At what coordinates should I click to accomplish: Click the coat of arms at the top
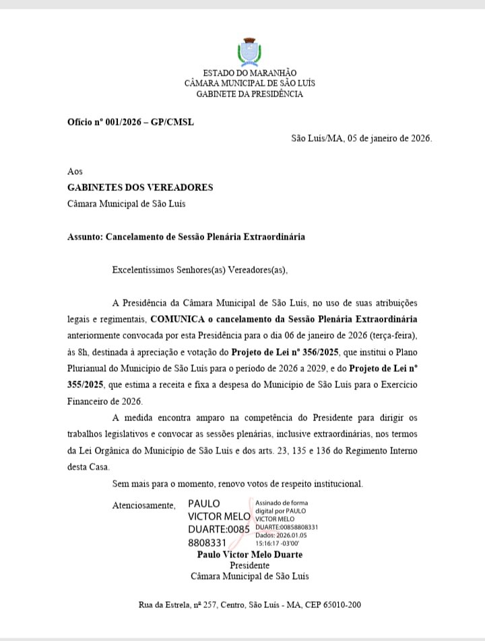249,52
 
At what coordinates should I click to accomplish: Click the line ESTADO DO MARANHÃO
249,73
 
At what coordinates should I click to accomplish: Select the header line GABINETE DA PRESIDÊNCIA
249,94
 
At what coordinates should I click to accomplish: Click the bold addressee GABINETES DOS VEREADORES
140,187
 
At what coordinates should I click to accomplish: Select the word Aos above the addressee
75,172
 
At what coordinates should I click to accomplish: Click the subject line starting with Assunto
187,237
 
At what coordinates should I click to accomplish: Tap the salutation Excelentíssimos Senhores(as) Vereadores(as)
199,271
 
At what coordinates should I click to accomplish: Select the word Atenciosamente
144,505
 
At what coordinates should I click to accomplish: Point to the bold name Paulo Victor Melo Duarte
249,555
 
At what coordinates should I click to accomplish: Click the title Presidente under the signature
249,565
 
